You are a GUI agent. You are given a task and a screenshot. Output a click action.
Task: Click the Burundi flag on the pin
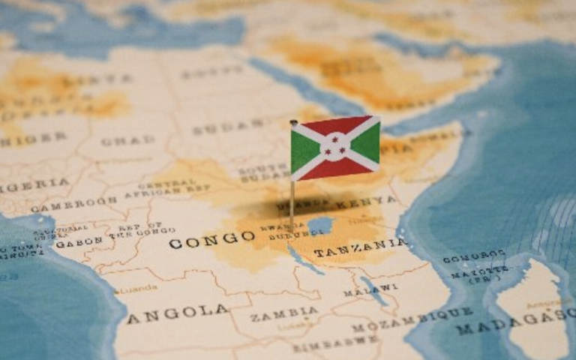pyautogui.click(x=335, y=148)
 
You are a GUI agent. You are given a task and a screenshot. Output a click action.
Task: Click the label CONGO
pyautogui.click(x=212, y=240)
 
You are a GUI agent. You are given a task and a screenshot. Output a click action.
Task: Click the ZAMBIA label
pyautogui.click(x=284, y=313)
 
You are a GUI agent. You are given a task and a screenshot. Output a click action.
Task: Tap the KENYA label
pyautogui.click(x=365, y=202)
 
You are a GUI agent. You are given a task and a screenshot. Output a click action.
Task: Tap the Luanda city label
pyautogui.click(x=139, y=289)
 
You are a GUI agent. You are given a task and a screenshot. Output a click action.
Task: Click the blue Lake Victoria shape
pyautogui.click(x=320, y=224)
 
